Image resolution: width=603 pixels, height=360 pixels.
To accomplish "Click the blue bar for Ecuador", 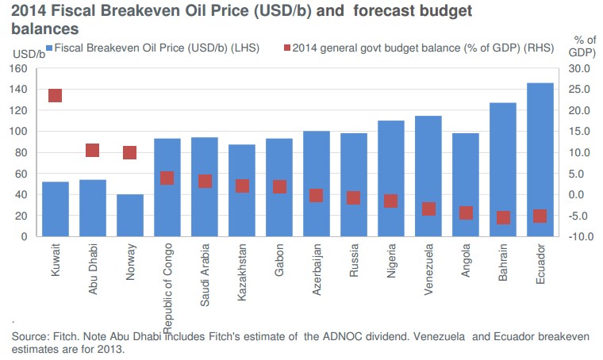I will pos(540,159).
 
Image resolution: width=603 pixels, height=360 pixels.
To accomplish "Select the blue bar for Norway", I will pos(129,215).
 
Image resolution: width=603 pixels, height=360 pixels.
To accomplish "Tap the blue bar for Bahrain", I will pos(503,169).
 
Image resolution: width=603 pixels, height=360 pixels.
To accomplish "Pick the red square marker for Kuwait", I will pos(55,96).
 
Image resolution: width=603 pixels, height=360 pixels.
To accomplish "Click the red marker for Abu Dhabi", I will pos(92,151).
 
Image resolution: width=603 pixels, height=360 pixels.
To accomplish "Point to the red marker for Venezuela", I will pos(428,209).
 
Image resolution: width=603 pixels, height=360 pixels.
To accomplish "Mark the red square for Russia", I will pos(354,197).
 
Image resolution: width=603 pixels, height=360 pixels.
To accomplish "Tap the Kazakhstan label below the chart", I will pos(242,274).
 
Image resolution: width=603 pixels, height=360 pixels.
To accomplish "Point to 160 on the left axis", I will pos(18,68).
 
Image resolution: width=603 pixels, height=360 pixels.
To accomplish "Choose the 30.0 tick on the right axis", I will pos(581,68).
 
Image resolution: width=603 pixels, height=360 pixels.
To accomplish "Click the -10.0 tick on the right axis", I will pos(579,236).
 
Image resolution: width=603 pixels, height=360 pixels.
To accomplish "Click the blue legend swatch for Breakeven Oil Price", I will pos(49,48).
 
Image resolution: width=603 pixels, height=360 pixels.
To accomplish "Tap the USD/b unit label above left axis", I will pos(26,53).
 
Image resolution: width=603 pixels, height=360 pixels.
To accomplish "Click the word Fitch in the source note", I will pos(66,337).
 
